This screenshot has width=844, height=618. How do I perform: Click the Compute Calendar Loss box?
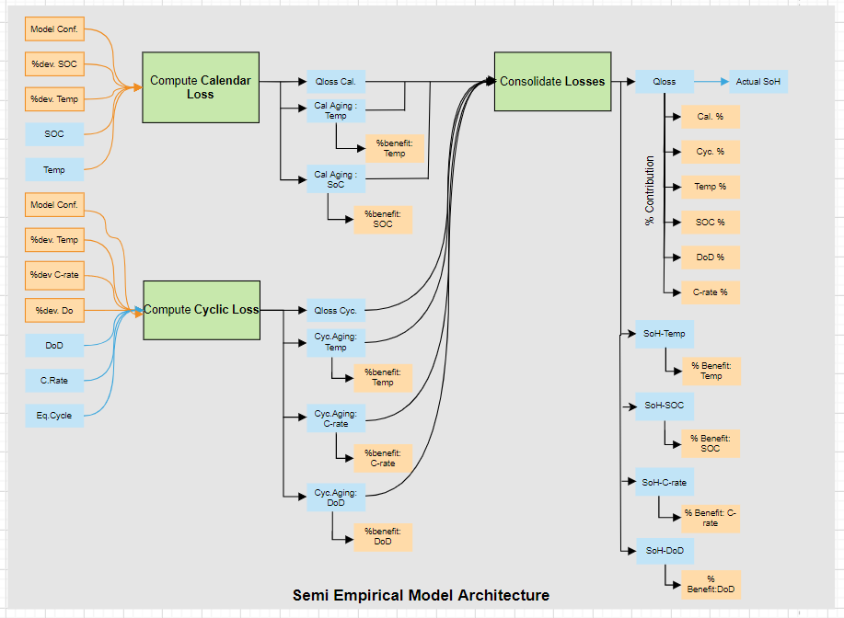[200, 87]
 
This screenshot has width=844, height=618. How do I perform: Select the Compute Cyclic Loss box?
[202, 310]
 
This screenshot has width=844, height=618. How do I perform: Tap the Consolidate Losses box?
[552, 82]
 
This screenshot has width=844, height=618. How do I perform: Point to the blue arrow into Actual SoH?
[711, 82]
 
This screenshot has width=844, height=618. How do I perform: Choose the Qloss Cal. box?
[336, 82]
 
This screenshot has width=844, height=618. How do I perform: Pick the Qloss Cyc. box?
[336, 310]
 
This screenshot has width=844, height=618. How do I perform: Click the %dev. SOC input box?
[54, 64]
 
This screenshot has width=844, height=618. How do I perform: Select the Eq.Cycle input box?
[54, 416]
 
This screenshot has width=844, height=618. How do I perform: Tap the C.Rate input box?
[54, 380]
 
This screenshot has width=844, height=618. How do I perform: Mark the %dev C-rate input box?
[54, 275]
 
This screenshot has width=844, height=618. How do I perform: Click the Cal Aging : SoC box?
[336, 179]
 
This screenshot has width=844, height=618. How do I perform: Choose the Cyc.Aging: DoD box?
[336, 498]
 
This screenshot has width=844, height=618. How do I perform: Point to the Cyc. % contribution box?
[710, 152]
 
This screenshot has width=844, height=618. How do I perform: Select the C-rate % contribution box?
[710, 292]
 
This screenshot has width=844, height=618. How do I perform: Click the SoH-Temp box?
[665, 334]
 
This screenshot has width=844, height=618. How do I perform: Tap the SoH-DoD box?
[665, 551]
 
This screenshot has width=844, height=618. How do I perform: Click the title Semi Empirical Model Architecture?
[421, 595]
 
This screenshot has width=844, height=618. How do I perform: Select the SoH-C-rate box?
[665, 481]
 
